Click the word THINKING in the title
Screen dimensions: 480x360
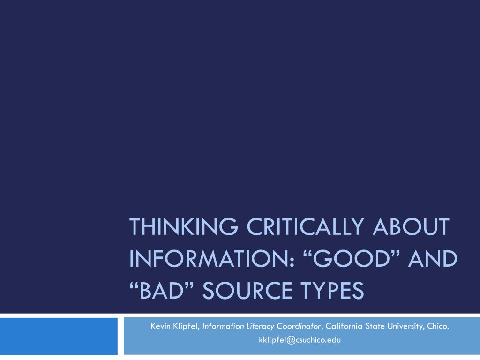pos(184,226)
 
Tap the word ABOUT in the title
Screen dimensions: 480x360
pos(411,226)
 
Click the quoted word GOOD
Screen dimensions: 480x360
pos(352,259)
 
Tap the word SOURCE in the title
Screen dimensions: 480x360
pos(247,290)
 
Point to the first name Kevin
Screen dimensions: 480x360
pos(160,326)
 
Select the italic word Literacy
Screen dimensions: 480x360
pos(260,327)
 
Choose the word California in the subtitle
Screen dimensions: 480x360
pos(344,326)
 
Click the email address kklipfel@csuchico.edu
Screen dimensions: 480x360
pos(300,340)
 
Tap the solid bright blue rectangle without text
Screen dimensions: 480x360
pos(59,336)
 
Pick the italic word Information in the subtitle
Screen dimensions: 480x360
pos(223,326)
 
